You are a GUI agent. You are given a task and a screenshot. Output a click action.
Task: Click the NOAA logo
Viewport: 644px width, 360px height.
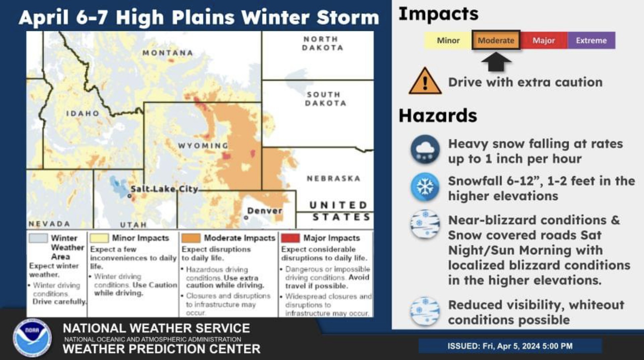pos(32,338)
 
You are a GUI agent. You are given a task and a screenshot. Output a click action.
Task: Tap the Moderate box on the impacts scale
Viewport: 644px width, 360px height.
pos(496,40)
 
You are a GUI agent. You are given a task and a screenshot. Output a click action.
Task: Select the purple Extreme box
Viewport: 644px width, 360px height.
pos(591,40)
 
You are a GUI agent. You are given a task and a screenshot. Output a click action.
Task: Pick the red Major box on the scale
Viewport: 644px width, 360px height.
pos(544,40)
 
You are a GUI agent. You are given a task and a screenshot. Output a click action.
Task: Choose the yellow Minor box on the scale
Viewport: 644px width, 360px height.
pos(448,40)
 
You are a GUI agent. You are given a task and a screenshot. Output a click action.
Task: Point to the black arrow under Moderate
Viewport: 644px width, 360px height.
pos(496,61)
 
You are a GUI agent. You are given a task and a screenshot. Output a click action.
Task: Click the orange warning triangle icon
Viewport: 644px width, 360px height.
pos(425,81)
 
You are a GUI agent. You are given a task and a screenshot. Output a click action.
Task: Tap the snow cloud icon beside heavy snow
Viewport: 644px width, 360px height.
pos(425,149)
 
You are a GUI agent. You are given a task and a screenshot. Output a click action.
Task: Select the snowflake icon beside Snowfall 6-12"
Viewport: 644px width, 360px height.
pos(425,187)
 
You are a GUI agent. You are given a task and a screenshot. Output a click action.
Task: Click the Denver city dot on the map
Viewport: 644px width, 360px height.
pos(246,218)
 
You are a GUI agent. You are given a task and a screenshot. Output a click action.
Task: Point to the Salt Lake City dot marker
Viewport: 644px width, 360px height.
pos(130,196)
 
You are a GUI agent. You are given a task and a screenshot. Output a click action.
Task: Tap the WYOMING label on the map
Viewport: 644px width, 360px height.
pos(203,146)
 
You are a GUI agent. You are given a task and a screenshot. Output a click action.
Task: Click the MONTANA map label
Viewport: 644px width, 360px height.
pos(168,53)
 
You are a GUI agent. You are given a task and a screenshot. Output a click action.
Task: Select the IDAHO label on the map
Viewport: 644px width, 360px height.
pos(83,114)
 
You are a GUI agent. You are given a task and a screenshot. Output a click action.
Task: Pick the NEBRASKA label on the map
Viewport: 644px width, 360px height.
pos(334,178)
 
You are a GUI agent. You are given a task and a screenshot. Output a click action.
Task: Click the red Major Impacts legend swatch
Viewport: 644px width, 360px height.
pos(290,238)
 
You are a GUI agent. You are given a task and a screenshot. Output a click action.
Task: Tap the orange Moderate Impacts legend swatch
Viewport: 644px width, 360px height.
pos(191,238)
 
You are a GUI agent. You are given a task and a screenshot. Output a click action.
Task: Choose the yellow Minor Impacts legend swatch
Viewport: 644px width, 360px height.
pos(99,238)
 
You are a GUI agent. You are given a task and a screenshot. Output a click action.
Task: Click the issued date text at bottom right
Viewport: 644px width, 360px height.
pos(510,346)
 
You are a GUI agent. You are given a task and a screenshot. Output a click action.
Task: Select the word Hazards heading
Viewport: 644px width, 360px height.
pos(438,115)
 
